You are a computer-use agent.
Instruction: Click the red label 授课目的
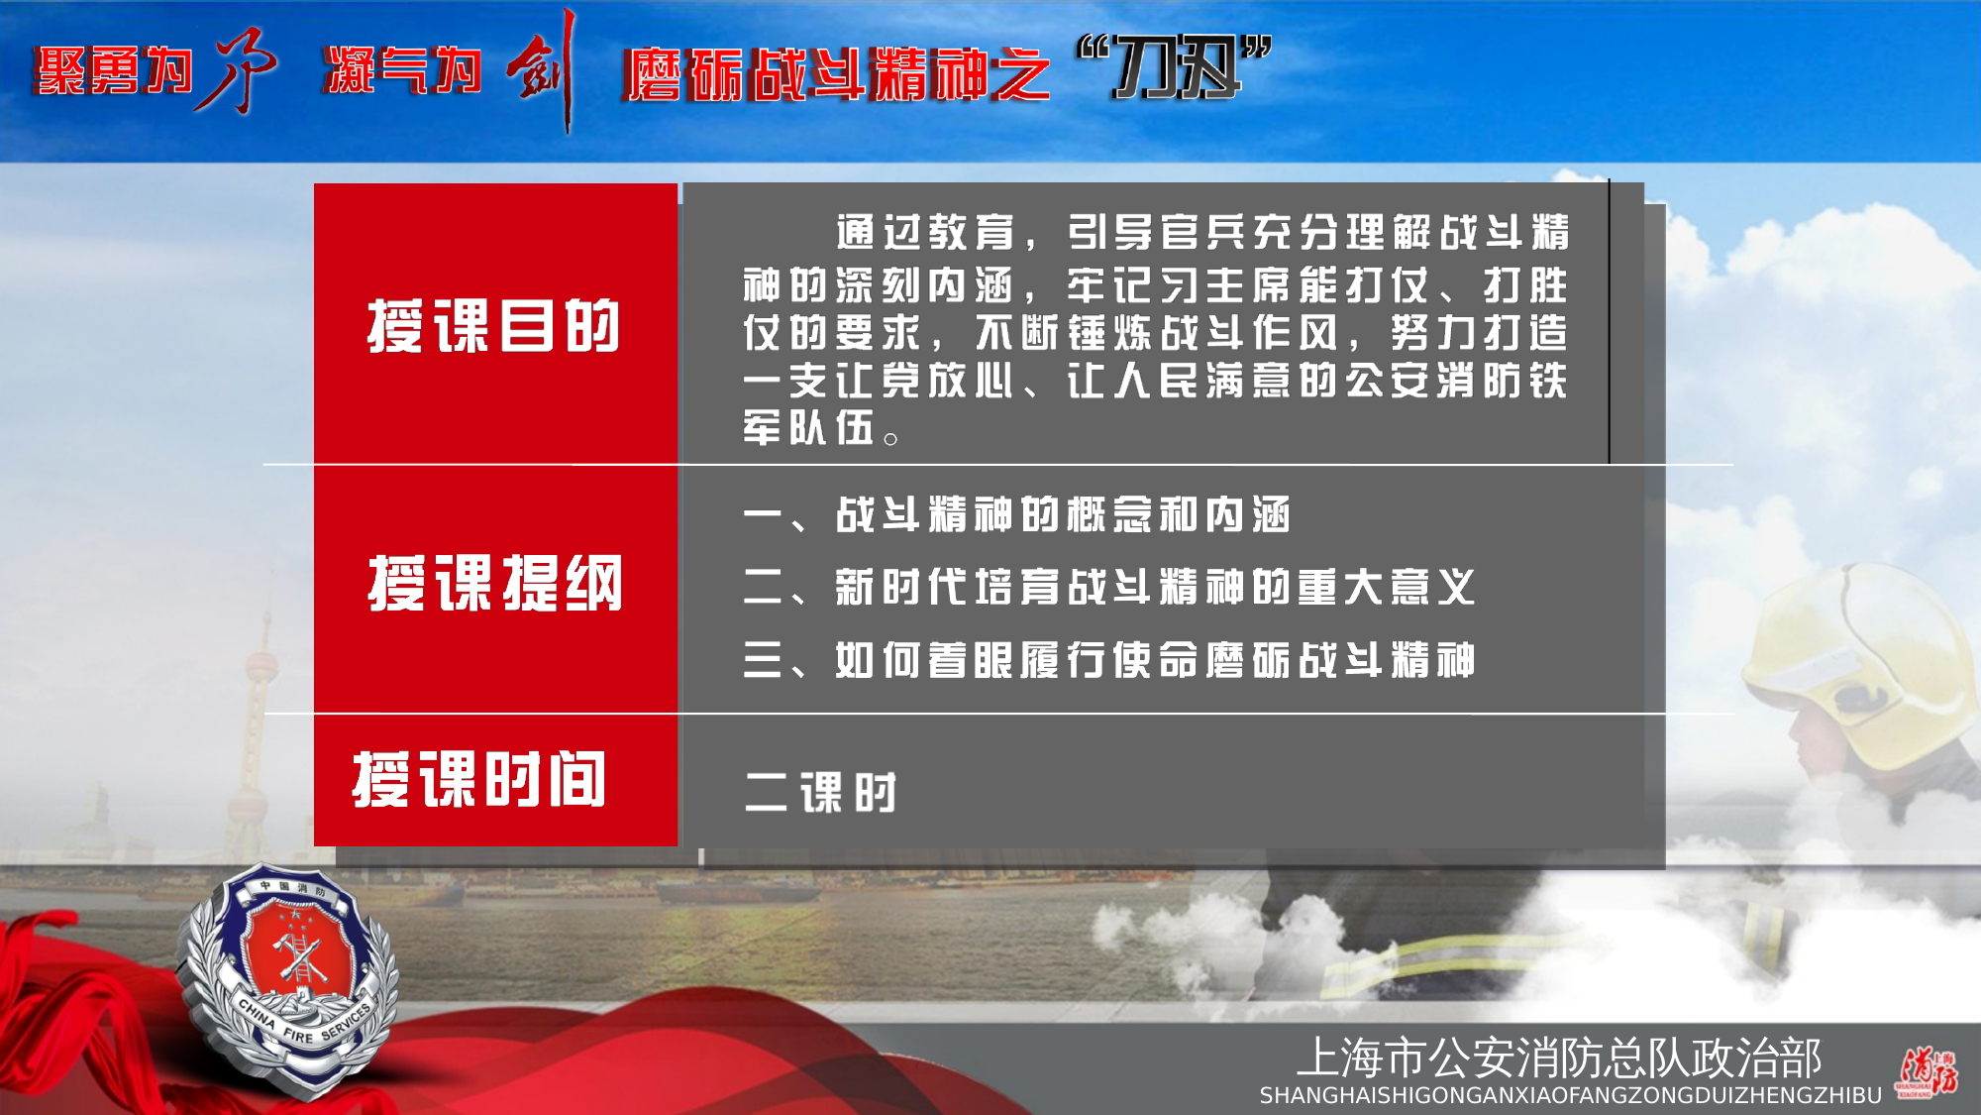click(493, 325)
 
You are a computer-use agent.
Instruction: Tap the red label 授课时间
click(479, 780)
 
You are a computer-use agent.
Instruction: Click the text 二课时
click(820, 793)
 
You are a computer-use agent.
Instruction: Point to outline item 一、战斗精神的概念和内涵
click(1016, 515)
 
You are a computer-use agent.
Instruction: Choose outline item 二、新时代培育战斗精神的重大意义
click(1108, 588)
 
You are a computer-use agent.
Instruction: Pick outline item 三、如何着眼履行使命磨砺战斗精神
click(1108, 660)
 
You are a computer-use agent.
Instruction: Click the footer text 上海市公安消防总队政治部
click(1559, 1058)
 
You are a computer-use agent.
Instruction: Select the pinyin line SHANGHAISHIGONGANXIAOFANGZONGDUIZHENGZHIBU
click(1570, 1096)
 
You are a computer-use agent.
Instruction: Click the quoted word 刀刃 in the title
click(1175, 67)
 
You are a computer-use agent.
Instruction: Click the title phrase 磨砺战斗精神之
click(836, 74)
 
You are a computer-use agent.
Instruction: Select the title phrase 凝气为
click(402, 71)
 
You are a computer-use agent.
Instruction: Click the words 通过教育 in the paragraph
click(925, 234)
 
